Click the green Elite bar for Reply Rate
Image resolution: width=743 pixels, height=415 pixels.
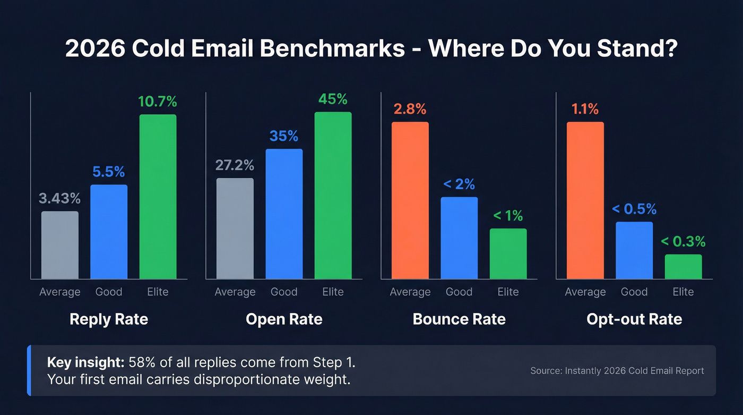tap(158, 197)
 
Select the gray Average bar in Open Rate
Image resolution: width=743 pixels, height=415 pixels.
tap(235, 228)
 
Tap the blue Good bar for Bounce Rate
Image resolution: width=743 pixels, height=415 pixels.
tap(459, 238)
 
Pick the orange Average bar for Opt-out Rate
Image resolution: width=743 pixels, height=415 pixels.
tap(585, 200)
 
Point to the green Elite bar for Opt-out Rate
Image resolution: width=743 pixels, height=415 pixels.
tap(683, 267)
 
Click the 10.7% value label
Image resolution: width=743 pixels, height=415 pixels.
tap(158, 101)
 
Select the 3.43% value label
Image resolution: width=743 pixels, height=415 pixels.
tap(60, 199)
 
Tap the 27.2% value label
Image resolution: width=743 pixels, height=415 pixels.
tap(235, 165)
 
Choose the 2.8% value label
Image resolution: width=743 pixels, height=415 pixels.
tap(410, 109)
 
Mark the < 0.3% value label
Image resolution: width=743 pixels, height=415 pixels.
tap(683, 242)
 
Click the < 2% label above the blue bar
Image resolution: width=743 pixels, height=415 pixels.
tap(459, 184)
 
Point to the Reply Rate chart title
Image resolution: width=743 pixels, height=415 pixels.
tap(109, 319)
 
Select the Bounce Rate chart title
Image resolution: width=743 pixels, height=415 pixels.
tap(459, 319)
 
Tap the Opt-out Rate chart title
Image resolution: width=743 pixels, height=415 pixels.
tap(634, 319)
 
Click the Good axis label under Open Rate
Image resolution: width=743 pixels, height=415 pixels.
tap(284, 292)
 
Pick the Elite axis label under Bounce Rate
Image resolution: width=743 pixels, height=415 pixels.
tap(508, 292)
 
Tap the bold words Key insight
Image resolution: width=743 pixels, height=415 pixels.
tap(85, 363)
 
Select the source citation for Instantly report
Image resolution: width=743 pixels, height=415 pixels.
tap(617, 371)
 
